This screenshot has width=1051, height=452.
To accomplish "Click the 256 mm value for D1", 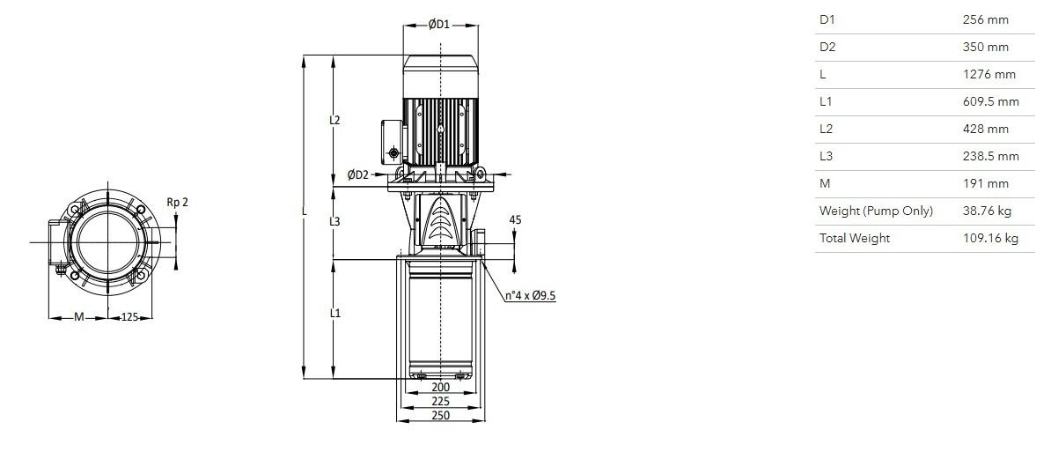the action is [x=985, y=20].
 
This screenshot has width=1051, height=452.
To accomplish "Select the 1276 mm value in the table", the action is [x=989, y=74].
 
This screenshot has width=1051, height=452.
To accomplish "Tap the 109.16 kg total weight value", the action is [x=990, y=238].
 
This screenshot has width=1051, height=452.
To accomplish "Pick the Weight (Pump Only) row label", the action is [x=875, y=211].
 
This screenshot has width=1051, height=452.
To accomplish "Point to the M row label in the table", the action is [x=825, y=184].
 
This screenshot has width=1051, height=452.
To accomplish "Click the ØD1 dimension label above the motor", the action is [x=439, y=25].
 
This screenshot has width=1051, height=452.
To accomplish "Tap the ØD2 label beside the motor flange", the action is [x=358, y=175].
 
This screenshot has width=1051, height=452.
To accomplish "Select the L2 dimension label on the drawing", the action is [x=334, y=121].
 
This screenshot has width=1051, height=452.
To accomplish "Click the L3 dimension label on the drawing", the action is [x=334, y=221].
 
